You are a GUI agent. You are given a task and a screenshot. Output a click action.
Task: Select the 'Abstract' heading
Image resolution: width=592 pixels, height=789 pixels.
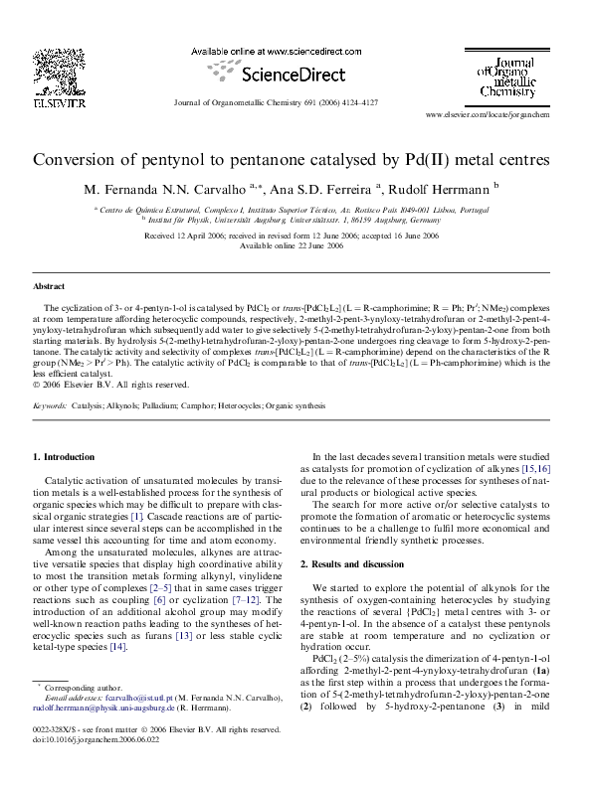point(49,285)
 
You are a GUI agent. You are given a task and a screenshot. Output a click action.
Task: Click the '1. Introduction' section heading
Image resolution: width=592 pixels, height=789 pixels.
point(64,456)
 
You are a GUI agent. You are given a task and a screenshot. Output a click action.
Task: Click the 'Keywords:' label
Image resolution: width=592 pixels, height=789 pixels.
point(51,405)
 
